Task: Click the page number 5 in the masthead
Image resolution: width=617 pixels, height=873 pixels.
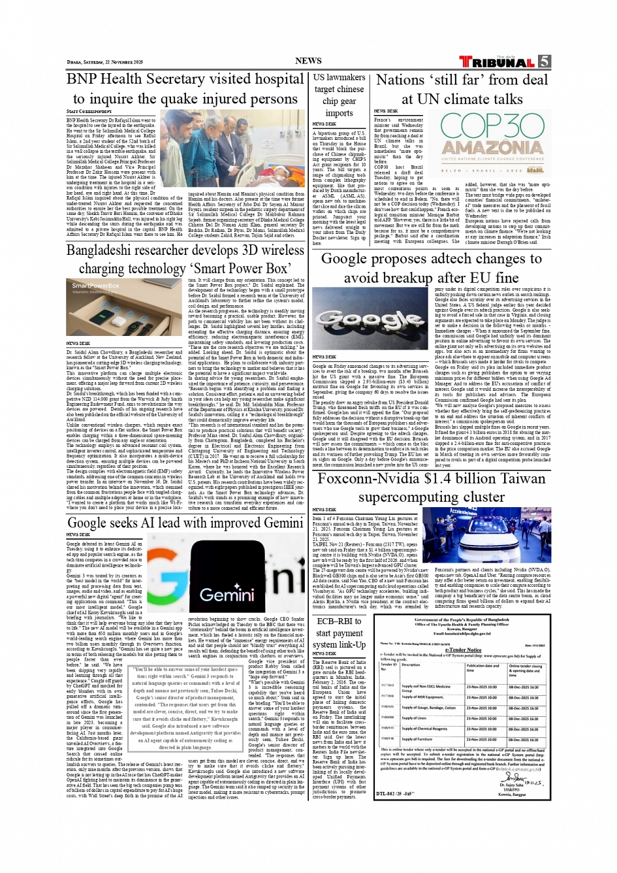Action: tap(545, 62)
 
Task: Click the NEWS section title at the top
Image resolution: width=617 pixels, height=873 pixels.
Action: tap(308, 61)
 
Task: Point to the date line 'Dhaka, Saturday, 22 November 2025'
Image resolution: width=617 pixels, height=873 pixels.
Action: tap(104, 62)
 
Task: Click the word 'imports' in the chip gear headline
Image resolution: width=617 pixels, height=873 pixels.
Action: tap(339, 113)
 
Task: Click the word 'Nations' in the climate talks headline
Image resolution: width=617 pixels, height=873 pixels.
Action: tap(400, 80)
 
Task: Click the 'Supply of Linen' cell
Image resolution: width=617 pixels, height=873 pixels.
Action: tap(418, 718)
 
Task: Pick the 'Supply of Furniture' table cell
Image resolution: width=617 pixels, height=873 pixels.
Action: tap(422, 740)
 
